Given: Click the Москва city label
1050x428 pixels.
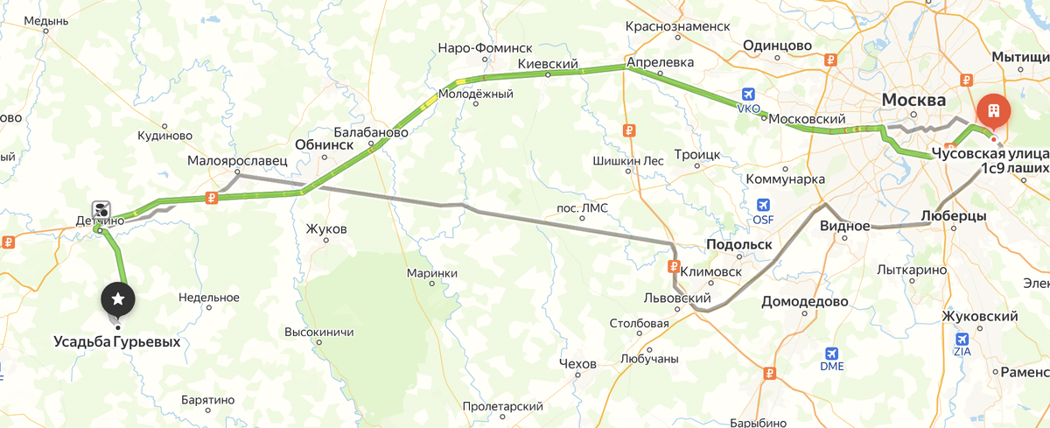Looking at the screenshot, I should (913, 100).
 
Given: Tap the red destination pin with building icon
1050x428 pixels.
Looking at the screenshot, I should (993, 112).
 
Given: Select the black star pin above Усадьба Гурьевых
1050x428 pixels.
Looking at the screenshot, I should (118, 299).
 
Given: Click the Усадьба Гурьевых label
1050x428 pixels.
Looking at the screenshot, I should (116, 341).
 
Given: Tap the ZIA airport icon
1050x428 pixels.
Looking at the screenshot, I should (962, 339).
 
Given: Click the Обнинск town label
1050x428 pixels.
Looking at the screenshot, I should (324, 144).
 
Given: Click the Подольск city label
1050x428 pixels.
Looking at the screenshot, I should (738, 244).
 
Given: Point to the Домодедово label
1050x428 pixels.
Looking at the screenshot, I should (804, 301).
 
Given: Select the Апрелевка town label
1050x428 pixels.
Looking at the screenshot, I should (660, 63).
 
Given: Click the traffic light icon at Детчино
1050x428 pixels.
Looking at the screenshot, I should (102, 209).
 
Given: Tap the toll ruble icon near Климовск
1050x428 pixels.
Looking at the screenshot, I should (674, 266).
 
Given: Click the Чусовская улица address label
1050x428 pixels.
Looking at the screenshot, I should (989, 152).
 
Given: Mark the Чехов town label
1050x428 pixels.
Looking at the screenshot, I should (577, 363).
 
